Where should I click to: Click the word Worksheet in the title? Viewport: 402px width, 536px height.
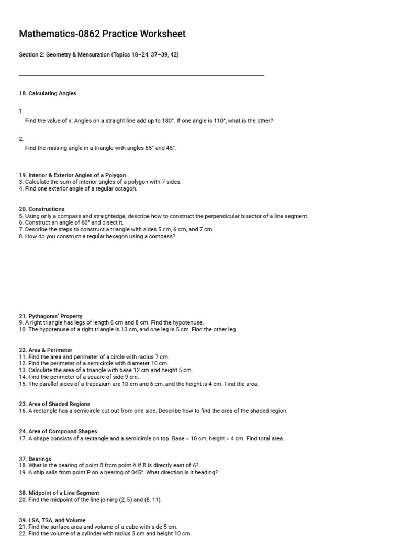click(x=161, y=34)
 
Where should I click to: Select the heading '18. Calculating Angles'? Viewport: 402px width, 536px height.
click(x=48, y=93)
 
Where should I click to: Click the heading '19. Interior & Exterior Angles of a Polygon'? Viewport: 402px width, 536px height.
click(x=72, y=175)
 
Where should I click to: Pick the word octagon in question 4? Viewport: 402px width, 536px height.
click(x=125, y=188)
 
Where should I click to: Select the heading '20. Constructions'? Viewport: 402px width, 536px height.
click(x=42, y=209)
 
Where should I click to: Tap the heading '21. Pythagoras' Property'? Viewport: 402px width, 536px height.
click(x=51, y=316)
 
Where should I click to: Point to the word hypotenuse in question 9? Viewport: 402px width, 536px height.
click(x=188, y=323)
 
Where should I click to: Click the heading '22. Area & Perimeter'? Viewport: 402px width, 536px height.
click(x=46, y=350)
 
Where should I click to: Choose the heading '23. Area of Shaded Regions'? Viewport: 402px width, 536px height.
click(x=54, y=404)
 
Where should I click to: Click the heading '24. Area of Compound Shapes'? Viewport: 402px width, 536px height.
click(x=58, y=432)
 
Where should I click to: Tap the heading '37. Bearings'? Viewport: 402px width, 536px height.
click(x=35, y=459)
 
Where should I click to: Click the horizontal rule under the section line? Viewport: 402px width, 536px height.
click(x=141, y=75)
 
